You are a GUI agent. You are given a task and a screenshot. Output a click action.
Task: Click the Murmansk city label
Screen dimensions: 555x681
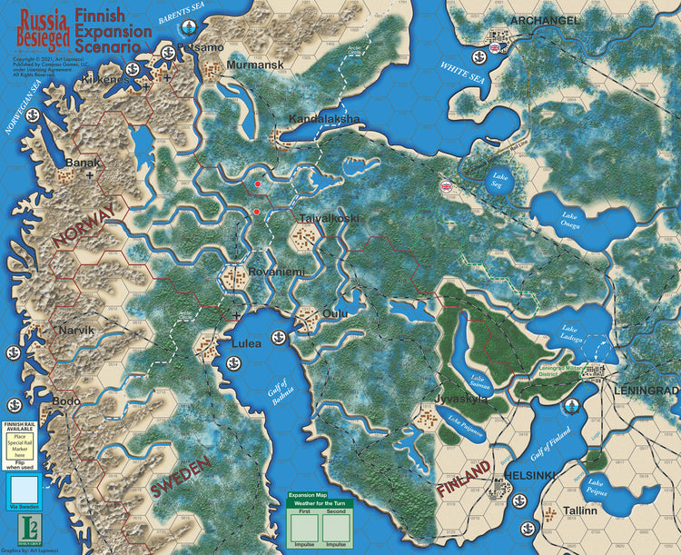pyautogui.click(x=255, y=65)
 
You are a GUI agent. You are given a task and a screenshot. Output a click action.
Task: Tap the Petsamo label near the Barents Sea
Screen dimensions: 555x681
pyautogui.click(x=201, y=46)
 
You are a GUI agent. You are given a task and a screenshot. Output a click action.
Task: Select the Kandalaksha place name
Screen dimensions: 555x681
pyautogui.click(x=324, y=119)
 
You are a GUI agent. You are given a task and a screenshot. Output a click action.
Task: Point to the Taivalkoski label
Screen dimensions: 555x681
pyautogui.click(x=329, y=219)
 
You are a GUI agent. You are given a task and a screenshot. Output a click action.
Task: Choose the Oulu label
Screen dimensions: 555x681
pyautogui.click(x=336, y=313)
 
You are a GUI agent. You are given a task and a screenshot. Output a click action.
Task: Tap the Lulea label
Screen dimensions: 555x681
pyautogui.click(x=246, y=343)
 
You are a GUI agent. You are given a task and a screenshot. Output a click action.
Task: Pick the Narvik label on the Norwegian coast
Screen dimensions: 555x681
pyautogui.click(x=76, y=330)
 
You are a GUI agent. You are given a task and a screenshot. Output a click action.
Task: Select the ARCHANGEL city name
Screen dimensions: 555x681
pyautogui.click(x=544, y=21)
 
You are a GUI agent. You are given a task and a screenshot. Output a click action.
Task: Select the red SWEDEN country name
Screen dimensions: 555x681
pyautogui.click(x=181, y=478)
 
